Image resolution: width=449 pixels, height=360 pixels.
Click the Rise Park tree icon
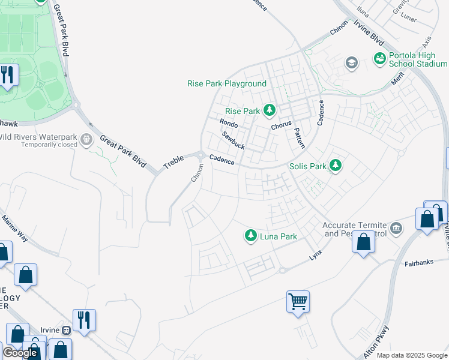[270, 110]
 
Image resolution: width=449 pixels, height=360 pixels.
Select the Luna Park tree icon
[250, 236]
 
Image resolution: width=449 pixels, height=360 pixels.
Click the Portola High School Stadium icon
[379, 58]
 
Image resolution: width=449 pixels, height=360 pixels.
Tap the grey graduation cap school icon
[351, 62]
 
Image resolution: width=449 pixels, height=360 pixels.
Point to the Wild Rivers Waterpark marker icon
[87, 140]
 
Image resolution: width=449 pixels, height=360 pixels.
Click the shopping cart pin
[298, 301]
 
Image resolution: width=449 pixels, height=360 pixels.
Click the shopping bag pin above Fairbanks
[364, 243]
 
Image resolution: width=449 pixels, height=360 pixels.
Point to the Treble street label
[174, 161]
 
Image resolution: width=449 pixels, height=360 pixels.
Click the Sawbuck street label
[233, 140]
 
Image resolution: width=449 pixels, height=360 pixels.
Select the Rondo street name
[228, 123]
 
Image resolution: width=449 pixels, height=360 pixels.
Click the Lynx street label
[316, 254]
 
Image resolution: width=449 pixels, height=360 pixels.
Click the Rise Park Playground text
[227, 83]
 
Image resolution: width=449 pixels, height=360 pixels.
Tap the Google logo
[20, 353]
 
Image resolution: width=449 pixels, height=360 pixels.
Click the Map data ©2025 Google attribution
[411, 355]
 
